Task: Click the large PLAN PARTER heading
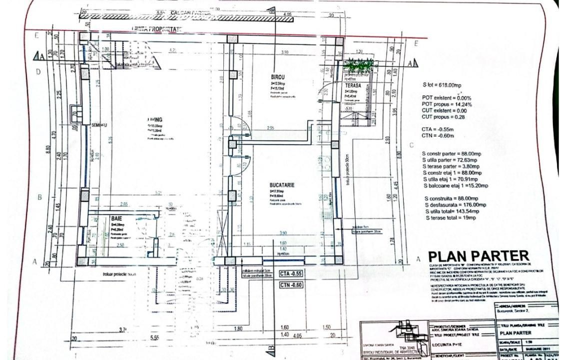478,257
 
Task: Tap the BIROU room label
278,78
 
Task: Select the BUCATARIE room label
282,185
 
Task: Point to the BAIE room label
116,219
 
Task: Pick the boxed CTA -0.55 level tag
291,273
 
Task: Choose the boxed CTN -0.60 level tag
291,285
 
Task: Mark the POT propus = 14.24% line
447,104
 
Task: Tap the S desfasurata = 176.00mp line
454,205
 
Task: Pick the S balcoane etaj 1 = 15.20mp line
455,185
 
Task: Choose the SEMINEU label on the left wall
101,124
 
